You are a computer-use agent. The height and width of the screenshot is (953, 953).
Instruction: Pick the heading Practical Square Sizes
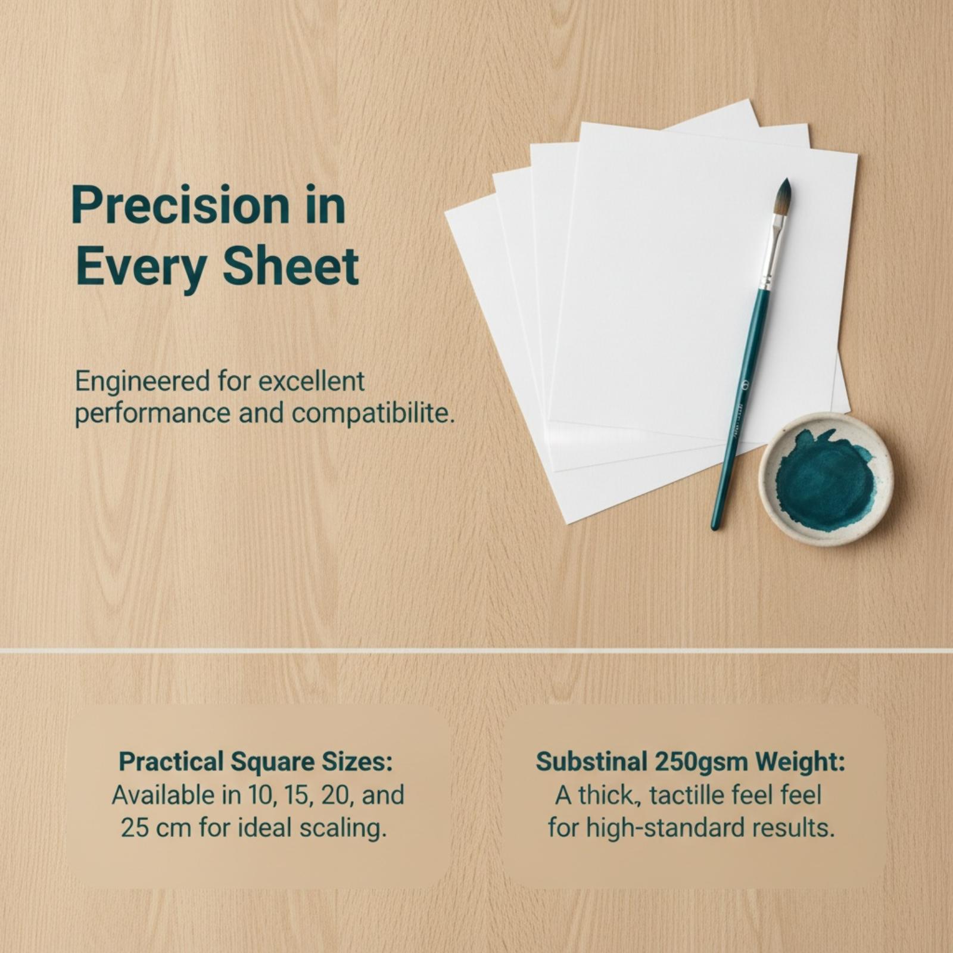tap(256, 762)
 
